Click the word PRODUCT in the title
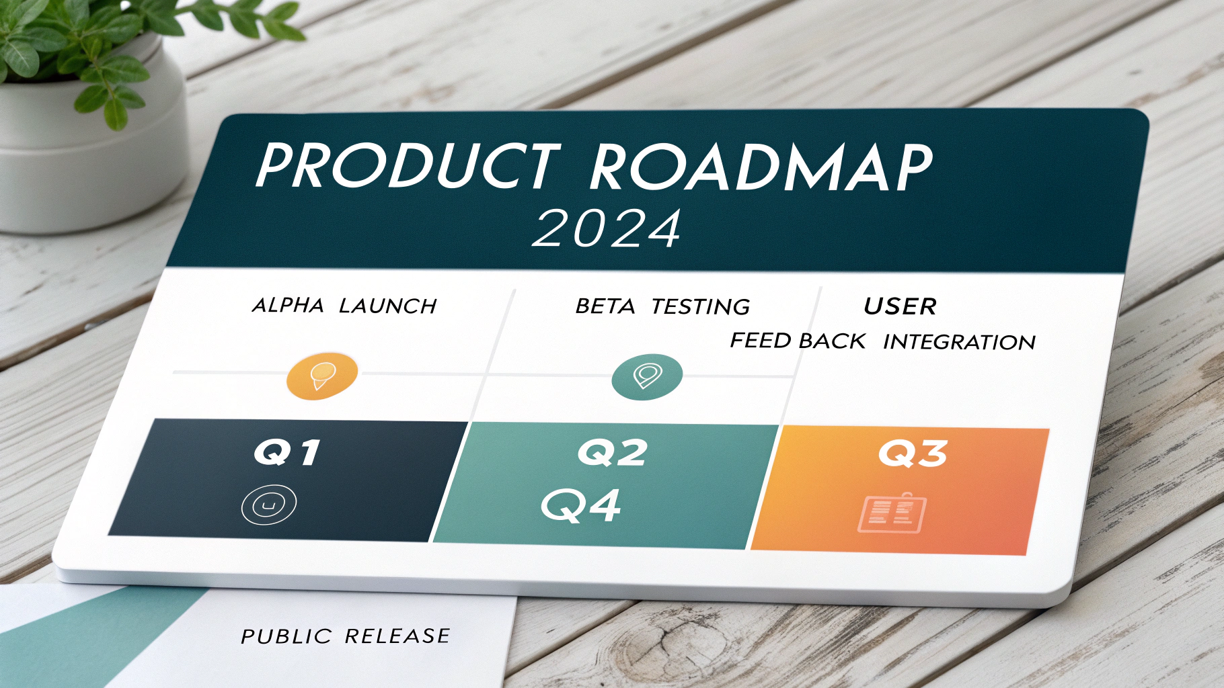[x=407, y=165]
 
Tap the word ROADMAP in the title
[x=760, y=168]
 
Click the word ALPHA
[x=288, y=306]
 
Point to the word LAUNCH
[x=388, y=306]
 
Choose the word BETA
[x=605, y=307]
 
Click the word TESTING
[x=701, y=307]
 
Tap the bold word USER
[x=900, y=307]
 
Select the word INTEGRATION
[x=959, y=343]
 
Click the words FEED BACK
[x=798, y=341]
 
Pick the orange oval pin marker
[x=322, y=376]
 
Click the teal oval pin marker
[x=647, y=376]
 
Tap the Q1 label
[x=286, y=453]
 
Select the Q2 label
[x=612, y=453]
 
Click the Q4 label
[x=581, y=506]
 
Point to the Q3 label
[x=913, y=454]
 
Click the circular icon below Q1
[x=269, y=505]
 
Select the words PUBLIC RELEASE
[x=345, y=636]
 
